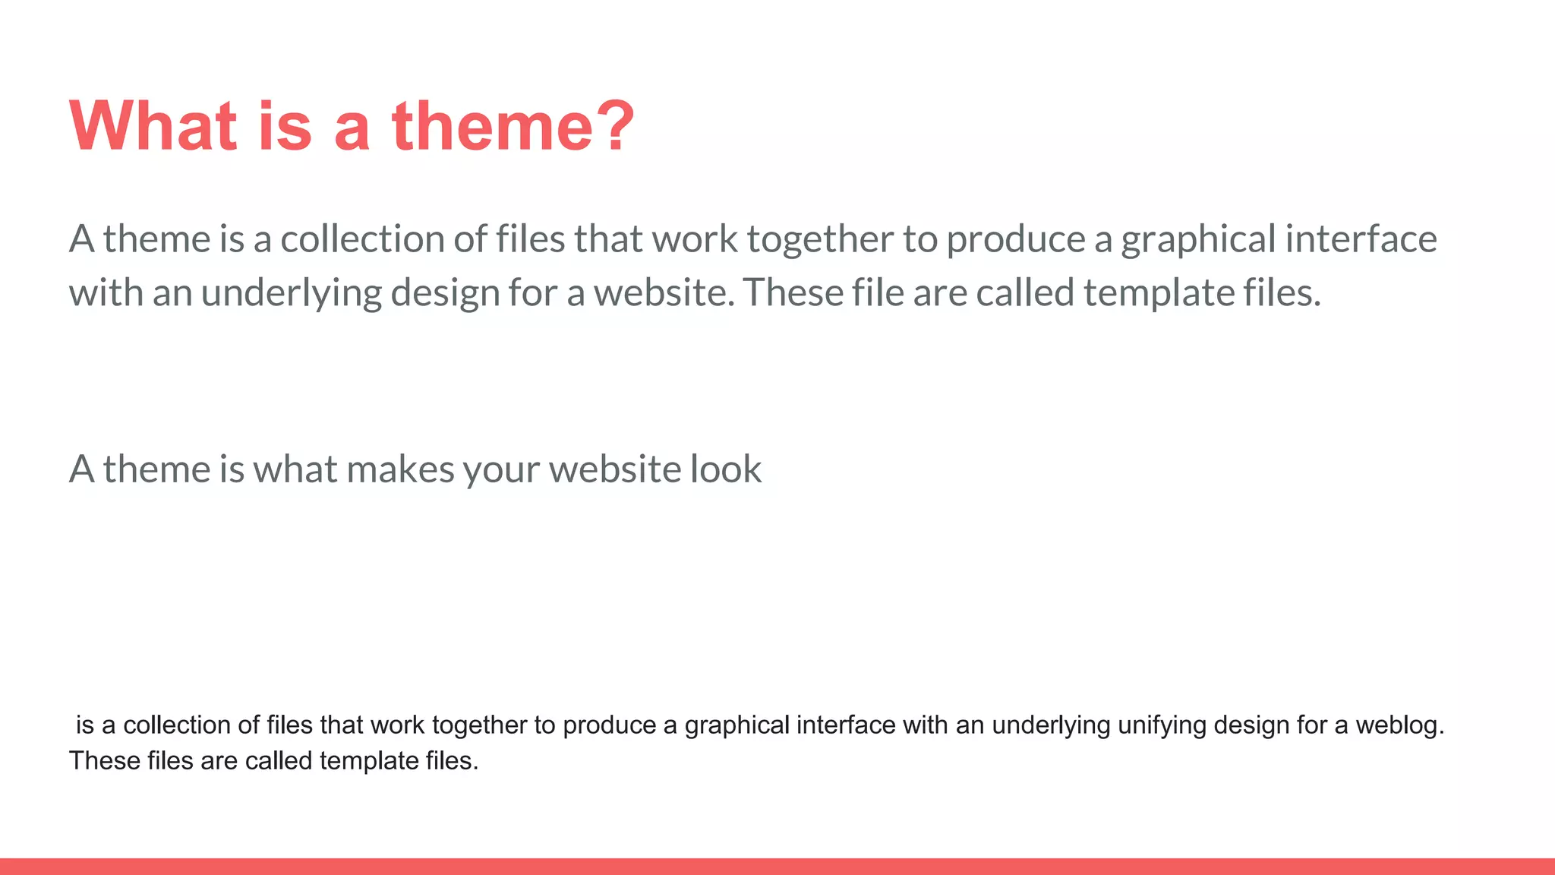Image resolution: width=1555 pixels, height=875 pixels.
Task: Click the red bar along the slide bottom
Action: pyautogui.click(x=777, y=867)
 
